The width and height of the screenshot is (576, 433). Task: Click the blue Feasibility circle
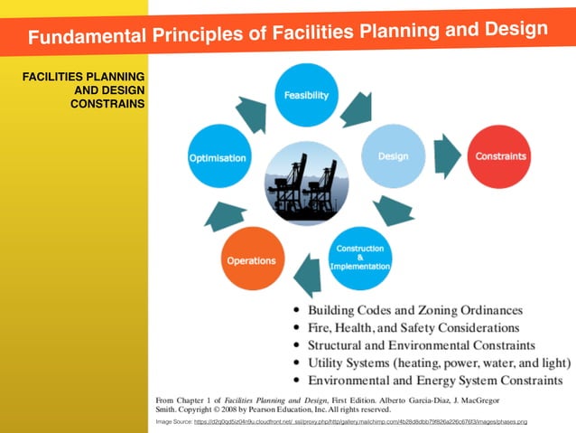(x=306, y=95)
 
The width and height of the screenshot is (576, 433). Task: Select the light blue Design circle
(x=393, y=156)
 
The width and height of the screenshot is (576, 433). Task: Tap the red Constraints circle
(x=500, y=155)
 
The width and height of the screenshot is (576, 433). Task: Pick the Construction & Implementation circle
(x=360, y=258)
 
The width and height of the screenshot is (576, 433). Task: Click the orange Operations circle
(x=251, y=260)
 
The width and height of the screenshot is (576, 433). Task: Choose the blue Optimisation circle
(x=218, y=158)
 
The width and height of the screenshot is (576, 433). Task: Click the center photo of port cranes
(x=304, y=180)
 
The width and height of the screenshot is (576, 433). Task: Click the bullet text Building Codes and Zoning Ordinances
(x=414, y=310)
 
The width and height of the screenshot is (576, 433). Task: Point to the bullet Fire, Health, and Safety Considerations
(x=413, y=327)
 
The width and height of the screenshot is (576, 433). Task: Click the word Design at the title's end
(x=512, y=29)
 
